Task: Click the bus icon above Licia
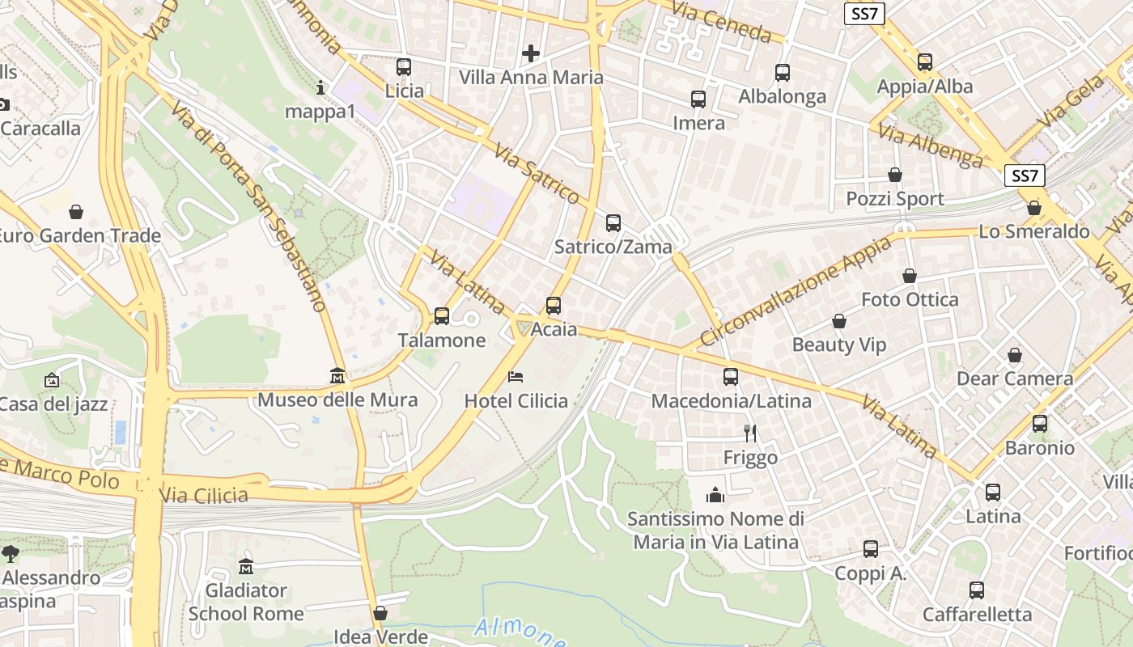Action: [404, 67]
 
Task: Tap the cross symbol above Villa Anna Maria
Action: [531, 54]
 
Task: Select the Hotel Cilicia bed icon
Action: [516, 377]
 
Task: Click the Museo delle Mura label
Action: [337, 400]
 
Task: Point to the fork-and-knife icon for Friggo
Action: [750, 433]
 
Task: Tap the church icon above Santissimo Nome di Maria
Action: [715, 494]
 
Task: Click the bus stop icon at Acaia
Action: [554, 306]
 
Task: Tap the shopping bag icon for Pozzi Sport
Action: [895, 175]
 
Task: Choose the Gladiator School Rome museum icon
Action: [246, 566]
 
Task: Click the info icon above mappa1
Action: [320, 87]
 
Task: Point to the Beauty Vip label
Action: [839, 345]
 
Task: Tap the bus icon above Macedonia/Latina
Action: [731, 377]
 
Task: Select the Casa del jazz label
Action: [53, 404]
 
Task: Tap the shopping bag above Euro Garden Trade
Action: [76, 212]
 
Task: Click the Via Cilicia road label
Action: [204, 494]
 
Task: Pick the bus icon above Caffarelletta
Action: [977, 590]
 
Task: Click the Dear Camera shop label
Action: [1015, 378]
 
